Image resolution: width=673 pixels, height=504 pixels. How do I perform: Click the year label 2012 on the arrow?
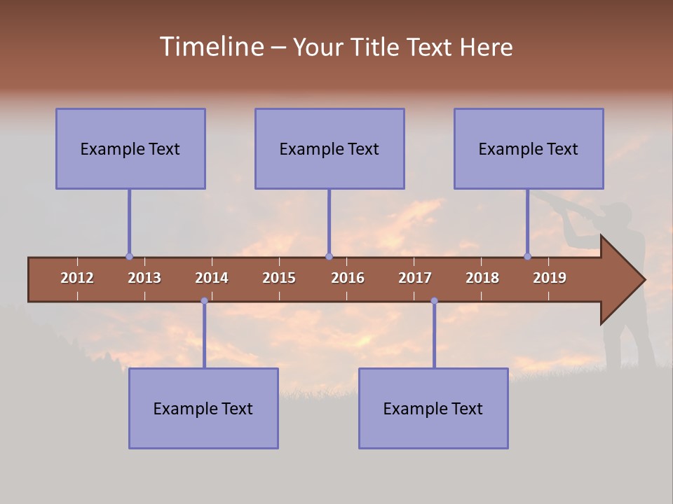point(77,278)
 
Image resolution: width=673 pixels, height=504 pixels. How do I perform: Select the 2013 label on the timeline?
point(144,278)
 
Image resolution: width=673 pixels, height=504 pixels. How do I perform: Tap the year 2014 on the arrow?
point(212,278)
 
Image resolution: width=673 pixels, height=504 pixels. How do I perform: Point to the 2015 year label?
point(279,278)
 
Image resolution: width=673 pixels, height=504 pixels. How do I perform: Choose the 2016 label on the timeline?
point(348,278)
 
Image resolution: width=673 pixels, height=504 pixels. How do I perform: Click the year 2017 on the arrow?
point(415,278)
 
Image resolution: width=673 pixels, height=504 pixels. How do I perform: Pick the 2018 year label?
point(482,278)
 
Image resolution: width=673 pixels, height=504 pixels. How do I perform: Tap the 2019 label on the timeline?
point(550,278)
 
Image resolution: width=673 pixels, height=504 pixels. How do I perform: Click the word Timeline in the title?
point(211,47)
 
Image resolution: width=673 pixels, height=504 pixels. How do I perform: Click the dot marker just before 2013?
point(129,257)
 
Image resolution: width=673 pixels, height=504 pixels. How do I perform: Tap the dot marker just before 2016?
point(329,257)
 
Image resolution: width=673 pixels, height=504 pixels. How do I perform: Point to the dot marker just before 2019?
point(528,257)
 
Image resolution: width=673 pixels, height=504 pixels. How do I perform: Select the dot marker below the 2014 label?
point(204,301)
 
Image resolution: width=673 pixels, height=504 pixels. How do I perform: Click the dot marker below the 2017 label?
point(434,301)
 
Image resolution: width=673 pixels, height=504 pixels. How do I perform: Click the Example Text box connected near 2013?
point(130,148)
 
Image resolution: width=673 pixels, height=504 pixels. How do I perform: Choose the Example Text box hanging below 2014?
point(203,408)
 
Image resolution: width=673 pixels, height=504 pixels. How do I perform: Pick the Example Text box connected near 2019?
point(529,148)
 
